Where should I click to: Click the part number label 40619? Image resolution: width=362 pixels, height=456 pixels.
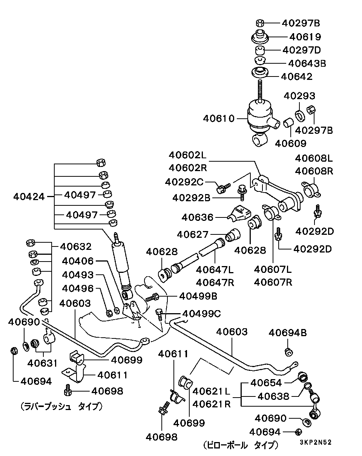(x=305, y=37)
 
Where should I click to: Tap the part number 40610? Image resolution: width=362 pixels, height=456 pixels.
(x=219, y=119)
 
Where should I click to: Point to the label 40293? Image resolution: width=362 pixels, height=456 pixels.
(x=299, y=96)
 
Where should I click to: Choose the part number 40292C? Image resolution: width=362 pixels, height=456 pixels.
(x=184, y=182)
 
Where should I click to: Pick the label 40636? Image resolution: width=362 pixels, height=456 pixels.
(x=197, y=217)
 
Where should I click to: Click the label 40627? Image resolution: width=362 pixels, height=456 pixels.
(x=193, y=234)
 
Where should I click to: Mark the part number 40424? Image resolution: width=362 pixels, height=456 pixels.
(x=29, y=196)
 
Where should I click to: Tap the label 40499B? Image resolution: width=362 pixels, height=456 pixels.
(x=198, y=296)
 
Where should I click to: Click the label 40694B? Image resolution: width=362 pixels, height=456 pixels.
(x=287, y=333)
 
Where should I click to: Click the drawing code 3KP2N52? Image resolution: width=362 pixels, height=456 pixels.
(x=315, y=443)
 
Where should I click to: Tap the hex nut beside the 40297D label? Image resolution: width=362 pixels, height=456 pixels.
(x=260, y=50)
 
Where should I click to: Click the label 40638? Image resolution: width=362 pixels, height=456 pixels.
(x=273, y=396)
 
